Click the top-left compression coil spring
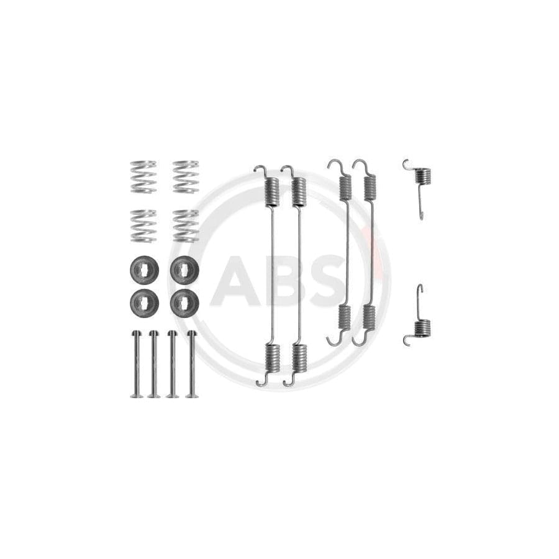point(143,176)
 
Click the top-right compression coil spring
point(185,176)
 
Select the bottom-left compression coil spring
point(143,225)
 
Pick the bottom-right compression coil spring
point(185,225)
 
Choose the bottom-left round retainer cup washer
point(144,302)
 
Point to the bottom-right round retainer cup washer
point(184,302)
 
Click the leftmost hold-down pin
point(135,363)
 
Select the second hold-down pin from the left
point(153,363)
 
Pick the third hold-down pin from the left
point(172,363)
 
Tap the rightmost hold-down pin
point(191,363)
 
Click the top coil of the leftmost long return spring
point(272,191)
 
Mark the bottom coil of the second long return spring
point(299,358)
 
